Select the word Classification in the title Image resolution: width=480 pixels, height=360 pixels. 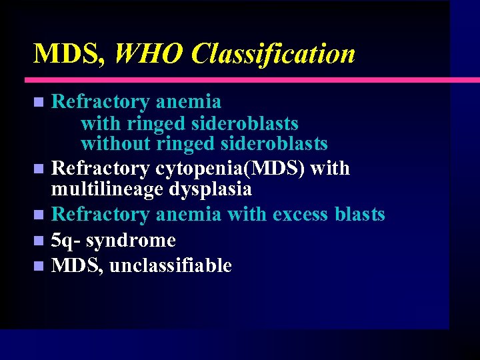coord(273,54)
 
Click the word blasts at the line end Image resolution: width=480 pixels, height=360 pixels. coord(360,215)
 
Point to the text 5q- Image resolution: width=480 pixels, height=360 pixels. coord(65,240)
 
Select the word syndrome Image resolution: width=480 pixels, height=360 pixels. coord(131,240)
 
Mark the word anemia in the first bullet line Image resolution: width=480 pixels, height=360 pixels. coord(188,102)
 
